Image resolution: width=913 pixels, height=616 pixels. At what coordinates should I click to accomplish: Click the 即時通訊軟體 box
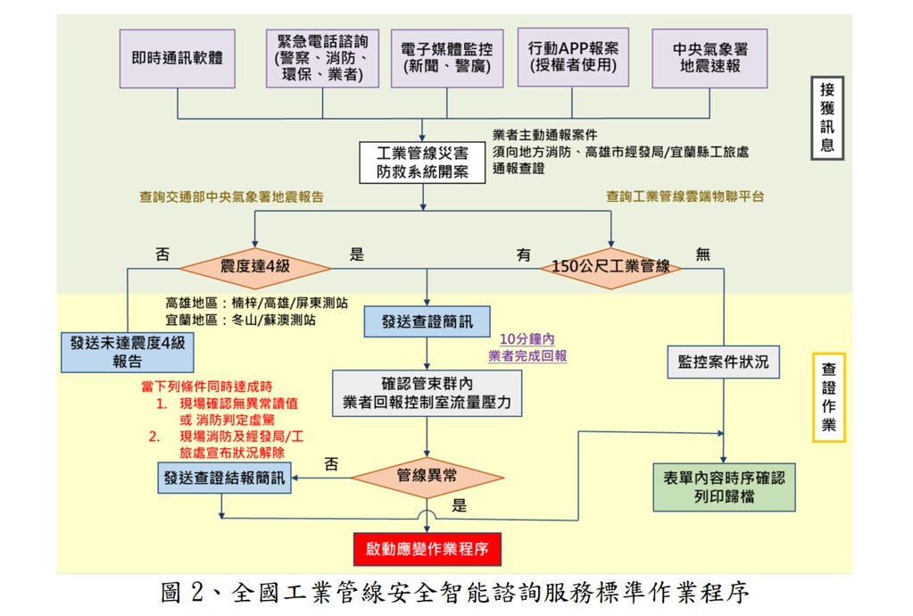178,59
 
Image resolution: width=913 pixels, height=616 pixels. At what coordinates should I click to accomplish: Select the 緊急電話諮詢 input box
322,58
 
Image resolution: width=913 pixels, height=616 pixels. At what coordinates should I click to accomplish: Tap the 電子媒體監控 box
447,58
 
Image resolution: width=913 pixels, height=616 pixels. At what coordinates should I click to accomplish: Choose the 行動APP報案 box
573,57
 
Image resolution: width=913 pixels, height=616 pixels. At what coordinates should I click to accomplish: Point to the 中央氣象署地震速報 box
710,58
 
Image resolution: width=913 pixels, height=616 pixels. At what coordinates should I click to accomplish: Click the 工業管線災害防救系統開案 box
422,162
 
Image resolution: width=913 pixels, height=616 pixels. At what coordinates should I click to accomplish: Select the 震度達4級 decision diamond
255,268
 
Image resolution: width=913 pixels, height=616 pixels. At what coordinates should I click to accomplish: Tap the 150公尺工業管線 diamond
610,268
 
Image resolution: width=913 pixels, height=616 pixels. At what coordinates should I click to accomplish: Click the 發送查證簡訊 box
427,321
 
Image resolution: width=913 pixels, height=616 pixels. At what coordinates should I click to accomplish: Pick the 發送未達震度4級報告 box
128,353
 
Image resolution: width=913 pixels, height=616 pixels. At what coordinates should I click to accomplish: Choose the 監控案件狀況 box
723,362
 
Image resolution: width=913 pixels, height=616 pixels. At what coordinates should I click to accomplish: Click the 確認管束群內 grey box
427,394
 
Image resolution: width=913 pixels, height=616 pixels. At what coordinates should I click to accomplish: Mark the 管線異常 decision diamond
427,478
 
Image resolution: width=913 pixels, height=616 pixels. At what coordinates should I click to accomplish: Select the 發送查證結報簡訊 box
224,478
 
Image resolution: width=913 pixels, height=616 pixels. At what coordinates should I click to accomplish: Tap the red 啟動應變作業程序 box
427,549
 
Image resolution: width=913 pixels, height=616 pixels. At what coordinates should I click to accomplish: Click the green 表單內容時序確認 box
725,487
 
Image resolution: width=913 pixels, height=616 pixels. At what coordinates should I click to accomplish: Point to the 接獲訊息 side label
827,118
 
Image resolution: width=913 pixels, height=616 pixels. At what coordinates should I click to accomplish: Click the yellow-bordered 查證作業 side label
829,397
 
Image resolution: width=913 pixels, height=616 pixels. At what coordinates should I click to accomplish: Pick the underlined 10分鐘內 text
527,339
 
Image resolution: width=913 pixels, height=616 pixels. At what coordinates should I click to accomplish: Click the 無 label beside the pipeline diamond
702,254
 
